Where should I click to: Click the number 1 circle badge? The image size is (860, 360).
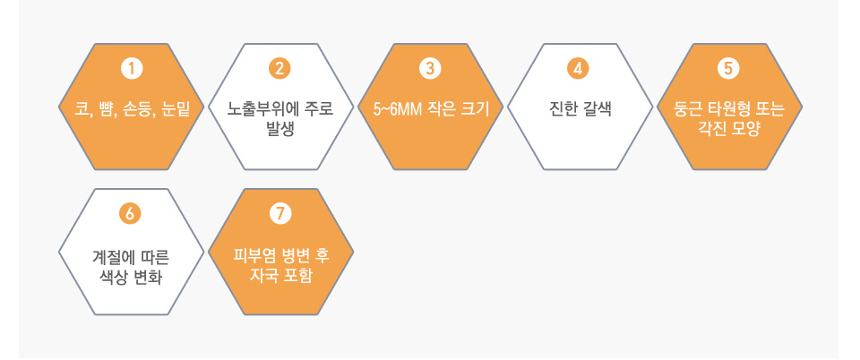coord(131,69)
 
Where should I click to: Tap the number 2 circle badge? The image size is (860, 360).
coord(279,69)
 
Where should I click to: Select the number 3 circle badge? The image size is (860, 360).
coord(430,69)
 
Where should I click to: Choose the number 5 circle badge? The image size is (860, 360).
coord(728,69)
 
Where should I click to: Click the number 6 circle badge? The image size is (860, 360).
coord(130,214)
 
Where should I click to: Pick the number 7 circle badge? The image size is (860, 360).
coord(280,214)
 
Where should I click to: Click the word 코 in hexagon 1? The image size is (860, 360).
coord(82,108)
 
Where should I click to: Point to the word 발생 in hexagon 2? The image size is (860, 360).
coord(280,129)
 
